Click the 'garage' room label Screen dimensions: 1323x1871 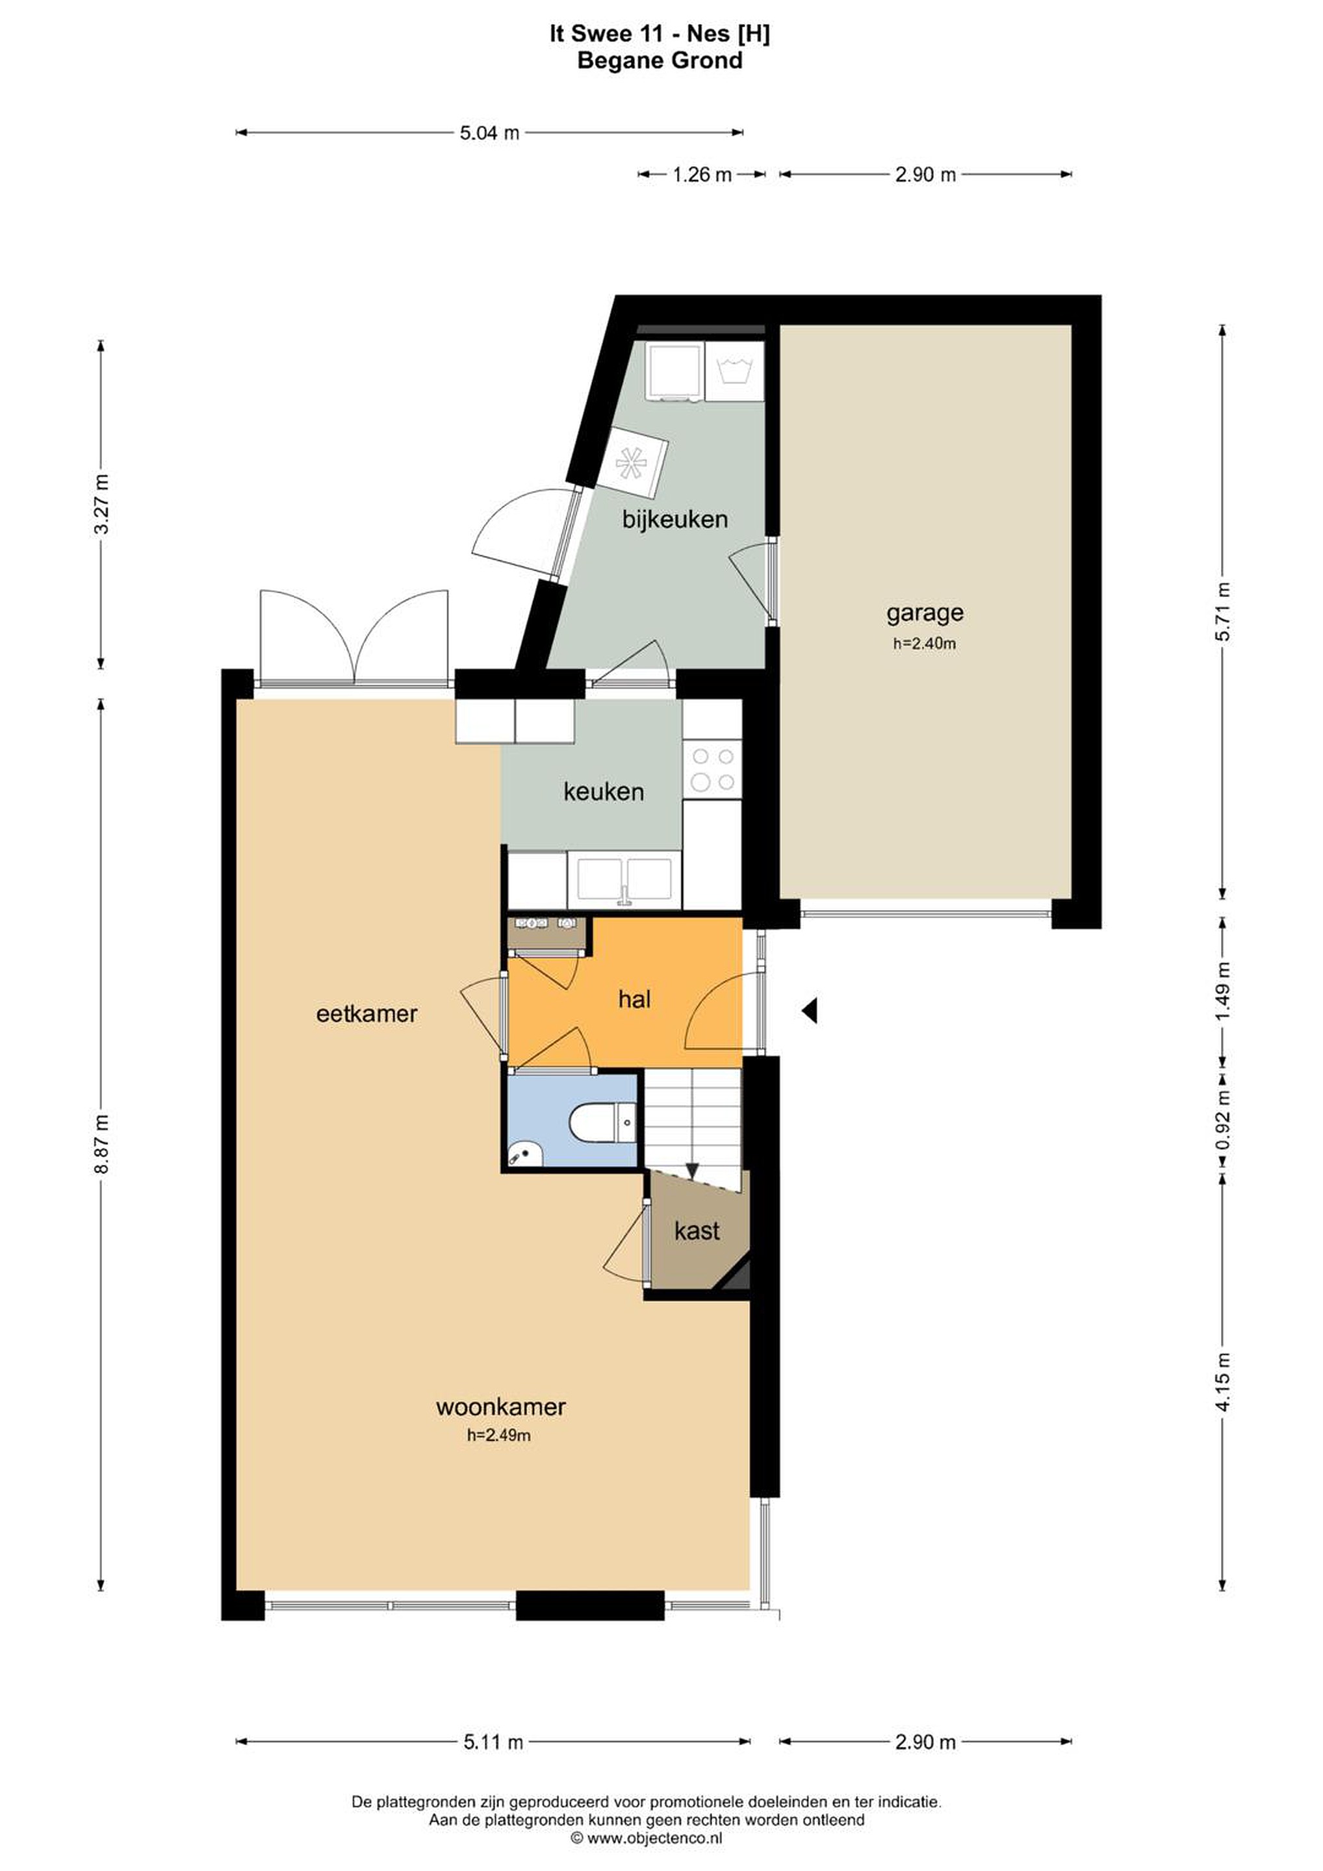(925, 612)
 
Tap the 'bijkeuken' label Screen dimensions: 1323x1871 (675, 519)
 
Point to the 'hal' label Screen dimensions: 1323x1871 (634, 999)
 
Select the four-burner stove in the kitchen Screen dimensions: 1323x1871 (712, 770)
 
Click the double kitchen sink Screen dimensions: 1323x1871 (625, 880)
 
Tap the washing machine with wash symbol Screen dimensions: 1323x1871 (734, 371)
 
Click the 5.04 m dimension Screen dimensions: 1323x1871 (489, 133)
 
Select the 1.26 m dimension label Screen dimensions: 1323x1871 (702, 174)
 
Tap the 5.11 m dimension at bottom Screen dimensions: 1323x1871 (493, 1742)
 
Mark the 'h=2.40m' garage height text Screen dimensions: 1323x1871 (925, 643)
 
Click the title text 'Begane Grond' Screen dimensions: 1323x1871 (660, 60)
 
